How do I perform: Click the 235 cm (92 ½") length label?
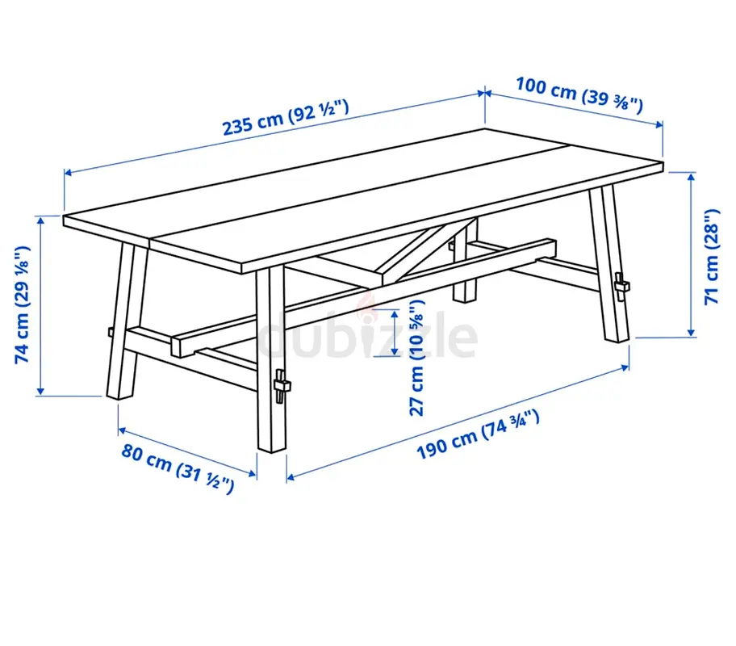(286, 117)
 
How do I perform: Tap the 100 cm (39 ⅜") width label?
(579, 95)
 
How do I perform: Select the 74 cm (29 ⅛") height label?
(23, 304)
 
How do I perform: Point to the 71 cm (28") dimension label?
(712, 257)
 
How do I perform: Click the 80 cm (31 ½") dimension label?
(178, 468)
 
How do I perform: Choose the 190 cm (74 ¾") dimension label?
(478, 434)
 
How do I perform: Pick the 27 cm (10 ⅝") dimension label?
(416, 358)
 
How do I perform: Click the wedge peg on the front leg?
(281, 386)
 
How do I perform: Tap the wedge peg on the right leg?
(621, 286)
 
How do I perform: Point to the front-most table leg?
(271, 359)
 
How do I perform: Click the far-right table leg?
(609, 263)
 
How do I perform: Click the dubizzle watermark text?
(368, 334)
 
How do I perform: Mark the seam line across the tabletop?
(360, 193)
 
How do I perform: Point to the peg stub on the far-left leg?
(111, 332)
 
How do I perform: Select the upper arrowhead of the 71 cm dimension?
(691, 177)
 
